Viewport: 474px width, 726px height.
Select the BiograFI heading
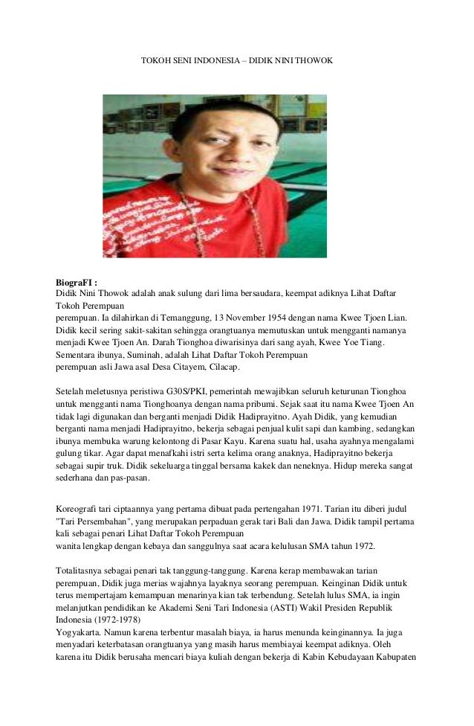point(77,283)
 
